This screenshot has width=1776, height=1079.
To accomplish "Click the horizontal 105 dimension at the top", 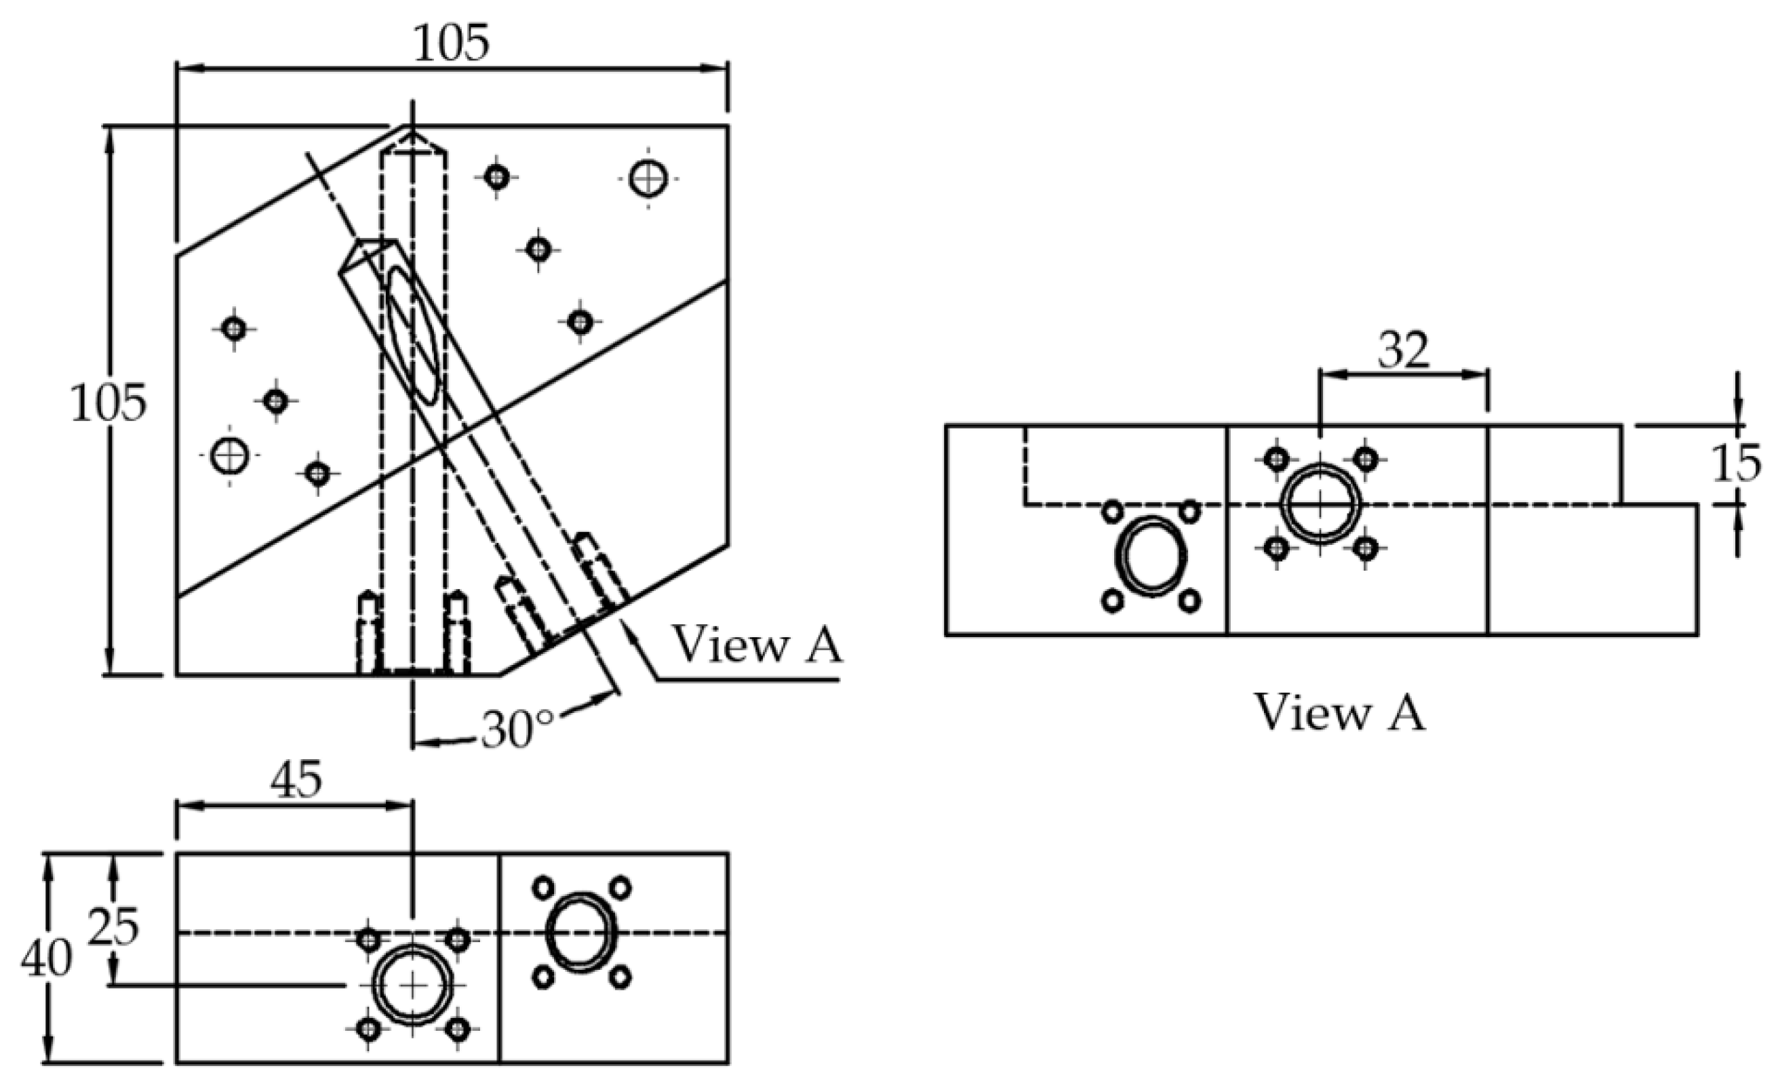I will (x=451, y=43).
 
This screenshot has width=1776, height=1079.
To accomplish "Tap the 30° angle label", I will (x=517, y=730).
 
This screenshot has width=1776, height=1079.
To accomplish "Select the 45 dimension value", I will (x=296, y=780).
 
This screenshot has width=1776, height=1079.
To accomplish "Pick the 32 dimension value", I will (x=1402, y=351).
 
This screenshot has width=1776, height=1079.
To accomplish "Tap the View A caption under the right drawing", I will (x=1340, y=713).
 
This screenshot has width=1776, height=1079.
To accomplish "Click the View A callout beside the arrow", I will (x=757, y=644).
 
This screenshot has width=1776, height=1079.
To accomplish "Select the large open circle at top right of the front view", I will (x=648, y=178).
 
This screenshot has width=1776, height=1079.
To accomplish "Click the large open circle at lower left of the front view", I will (x=230, y=455).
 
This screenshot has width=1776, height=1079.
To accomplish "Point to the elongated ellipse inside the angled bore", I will (x=412, y=334).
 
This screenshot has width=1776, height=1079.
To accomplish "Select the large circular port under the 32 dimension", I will (x=1320, y=504).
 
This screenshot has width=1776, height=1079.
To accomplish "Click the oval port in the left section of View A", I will (x=1150, y=555).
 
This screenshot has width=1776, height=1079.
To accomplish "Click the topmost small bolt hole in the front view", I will (x=496, y=176).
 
